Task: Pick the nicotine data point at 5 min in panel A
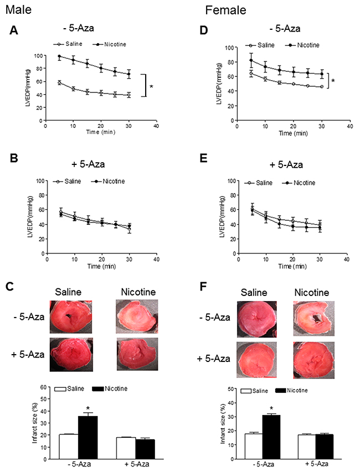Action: point(59,56)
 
